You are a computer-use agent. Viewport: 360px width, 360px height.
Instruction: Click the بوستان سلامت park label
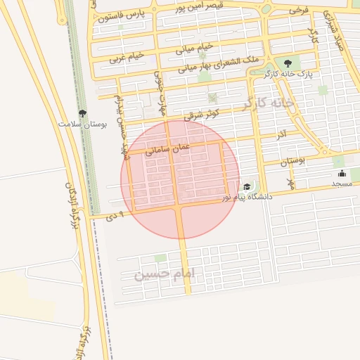(x=82, y=124)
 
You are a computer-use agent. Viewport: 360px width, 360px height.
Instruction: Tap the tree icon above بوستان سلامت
(x=82, y=112)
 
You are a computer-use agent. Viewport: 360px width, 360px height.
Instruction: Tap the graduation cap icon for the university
(x=247, y=187)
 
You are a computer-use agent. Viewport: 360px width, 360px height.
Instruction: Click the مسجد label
(x=342, y=184)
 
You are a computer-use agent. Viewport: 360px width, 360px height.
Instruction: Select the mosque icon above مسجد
(x=342, y=174)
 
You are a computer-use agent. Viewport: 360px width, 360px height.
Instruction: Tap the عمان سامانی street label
(x=167, y=147)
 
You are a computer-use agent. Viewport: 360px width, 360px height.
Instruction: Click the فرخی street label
(x=298, y=10)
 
